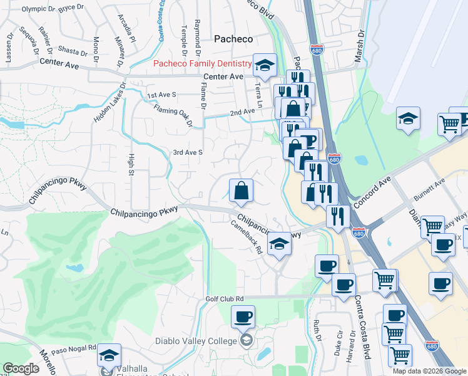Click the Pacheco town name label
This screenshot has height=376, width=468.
click(x=233, y=39)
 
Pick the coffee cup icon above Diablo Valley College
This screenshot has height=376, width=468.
click(x=243, y=316)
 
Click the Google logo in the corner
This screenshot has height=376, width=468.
click(x=21, y=368)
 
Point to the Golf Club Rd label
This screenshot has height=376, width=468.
click(x=224, y=299)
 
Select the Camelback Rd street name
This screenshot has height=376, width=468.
click(x=246, y=236)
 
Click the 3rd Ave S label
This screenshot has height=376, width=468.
click(x=188, y=152)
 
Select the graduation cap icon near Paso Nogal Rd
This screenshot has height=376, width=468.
click(x=109, y=356)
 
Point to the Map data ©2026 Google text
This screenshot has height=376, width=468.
click(x=429, y=371)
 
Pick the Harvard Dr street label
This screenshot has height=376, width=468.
click(x=355, y=354)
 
